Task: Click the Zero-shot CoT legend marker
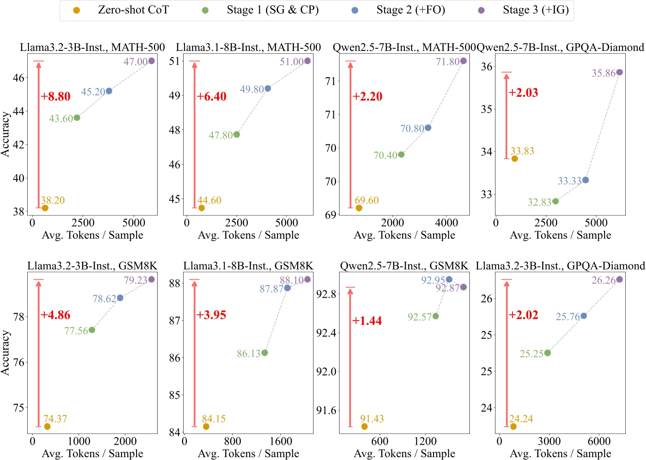[77, 10]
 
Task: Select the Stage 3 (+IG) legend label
[536, 10]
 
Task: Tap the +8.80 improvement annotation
[56, 96]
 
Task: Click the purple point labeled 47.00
[151, 61]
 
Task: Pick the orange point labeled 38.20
[45, 208]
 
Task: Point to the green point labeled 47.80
[237, 134]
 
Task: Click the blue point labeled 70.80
[428, 128]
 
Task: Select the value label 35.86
[603, 73]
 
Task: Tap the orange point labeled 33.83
[514, 158]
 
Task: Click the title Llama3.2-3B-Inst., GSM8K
[92, 266]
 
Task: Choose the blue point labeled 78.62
[120, 298]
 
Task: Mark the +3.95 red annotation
[211, 315]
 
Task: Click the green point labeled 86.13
[265, 353]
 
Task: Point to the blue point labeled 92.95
[449, 280]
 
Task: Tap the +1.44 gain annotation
[367, 321]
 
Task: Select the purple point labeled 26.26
[620, 279]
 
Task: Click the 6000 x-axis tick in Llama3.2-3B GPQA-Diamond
[599, 441]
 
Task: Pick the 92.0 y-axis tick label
[326, 371]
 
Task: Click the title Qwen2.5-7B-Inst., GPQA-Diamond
[560, 47]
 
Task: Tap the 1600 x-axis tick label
[281, 441]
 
